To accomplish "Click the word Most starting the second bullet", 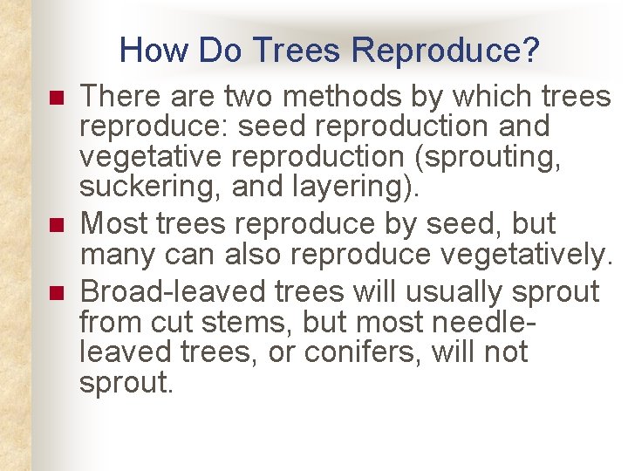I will [x=113, y=223].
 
